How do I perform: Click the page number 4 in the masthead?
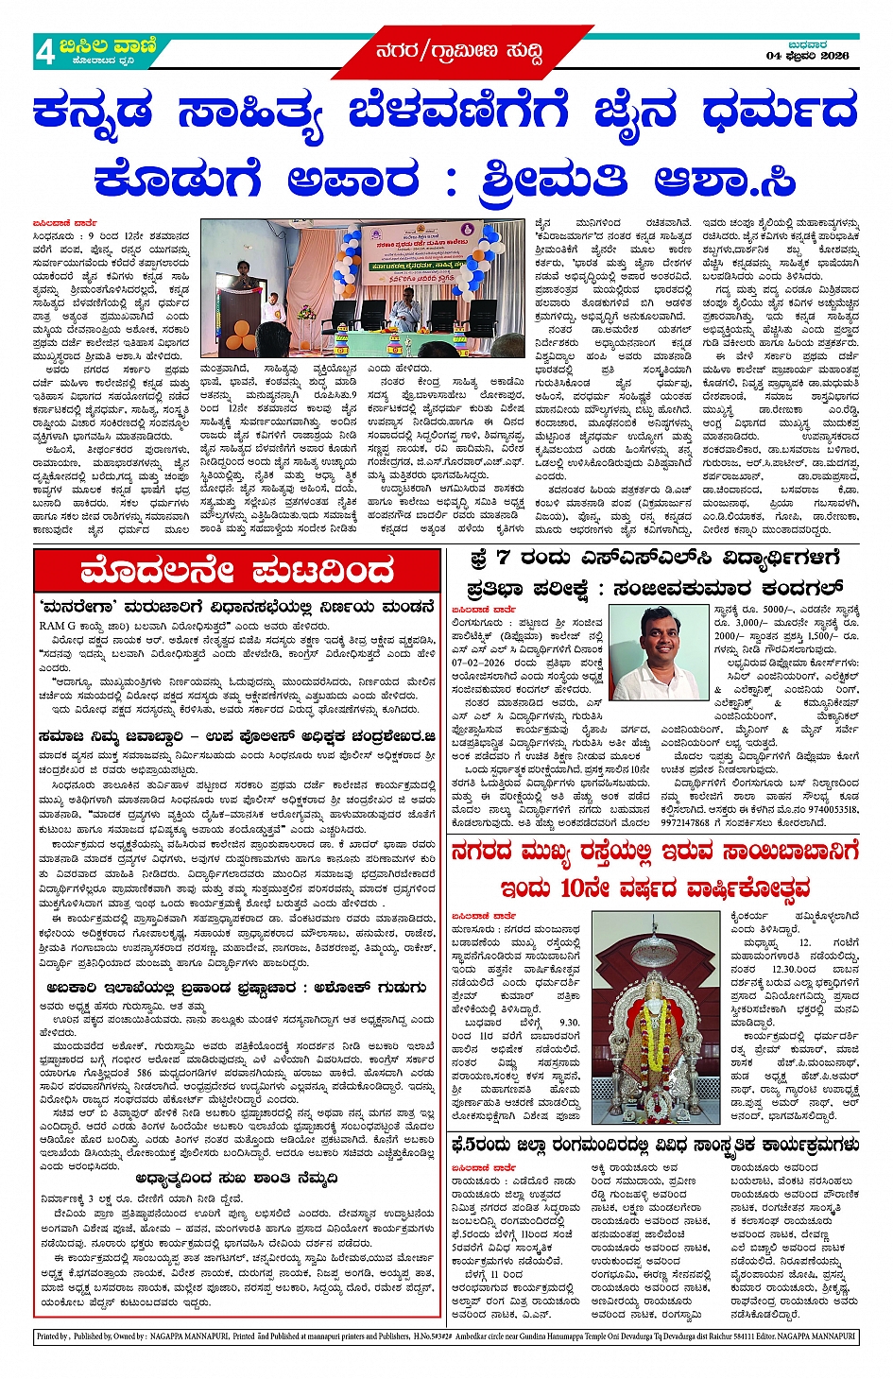[x=44, y=52]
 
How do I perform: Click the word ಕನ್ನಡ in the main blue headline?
[x=93, y=113]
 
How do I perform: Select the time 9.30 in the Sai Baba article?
[x=569, y=1023]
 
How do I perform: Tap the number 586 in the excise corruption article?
[x=143, y=1073]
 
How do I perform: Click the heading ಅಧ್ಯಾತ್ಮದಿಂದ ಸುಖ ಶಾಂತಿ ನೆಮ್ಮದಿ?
[x=236, y=1179]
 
